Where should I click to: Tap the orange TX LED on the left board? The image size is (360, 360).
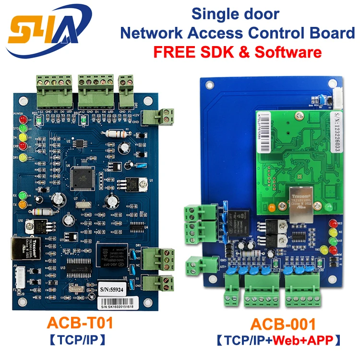[x=22, y=204]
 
